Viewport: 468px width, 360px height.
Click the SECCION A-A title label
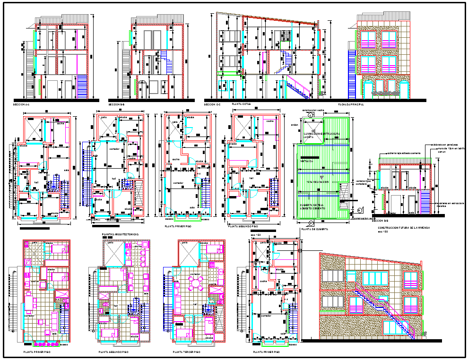pyautogui.click(x=22, y=104)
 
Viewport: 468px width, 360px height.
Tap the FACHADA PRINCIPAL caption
pyautogui.click(x=351, y=104)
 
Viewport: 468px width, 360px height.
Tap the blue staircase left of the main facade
pyautogui.click(x=352, y=74)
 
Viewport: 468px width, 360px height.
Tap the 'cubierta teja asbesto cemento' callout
pyautogui.click(x=405, y=153)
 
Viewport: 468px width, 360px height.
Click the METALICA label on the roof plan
pyautogui.click(x=307, y=161)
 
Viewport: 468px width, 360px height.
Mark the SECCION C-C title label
pyautogui.click(x=212, y=104)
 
